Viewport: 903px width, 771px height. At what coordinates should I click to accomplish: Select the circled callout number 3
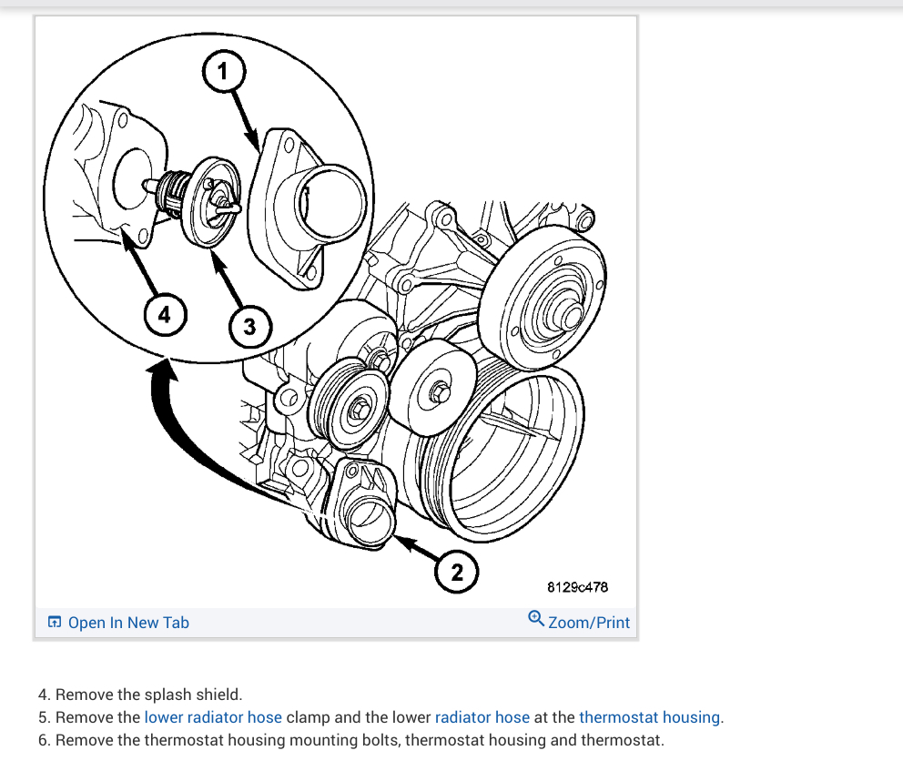click(249, 325)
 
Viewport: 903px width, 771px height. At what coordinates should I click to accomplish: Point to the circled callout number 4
click(164, 315)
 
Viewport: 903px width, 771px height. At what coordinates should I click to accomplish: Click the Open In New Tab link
click(128, 623)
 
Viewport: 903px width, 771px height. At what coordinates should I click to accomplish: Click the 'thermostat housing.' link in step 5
click(651, 717)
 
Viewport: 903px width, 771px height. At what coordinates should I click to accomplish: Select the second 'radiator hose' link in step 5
click(482, 717)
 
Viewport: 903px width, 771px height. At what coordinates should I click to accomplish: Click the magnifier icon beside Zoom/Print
click(536, 618)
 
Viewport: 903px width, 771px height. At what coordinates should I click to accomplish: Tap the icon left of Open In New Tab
click(55, 623)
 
